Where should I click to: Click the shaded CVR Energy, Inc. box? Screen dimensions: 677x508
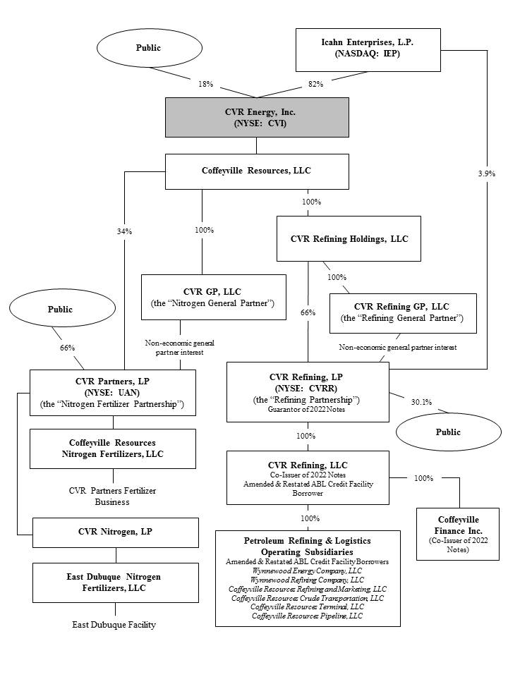click(257, 118)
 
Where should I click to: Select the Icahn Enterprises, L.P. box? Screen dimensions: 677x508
click(368, 49)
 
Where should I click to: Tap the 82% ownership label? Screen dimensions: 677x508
click(315, 84)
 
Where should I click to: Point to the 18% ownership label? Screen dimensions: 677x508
click(205, 84)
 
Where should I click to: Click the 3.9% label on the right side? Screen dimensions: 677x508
click(486, 173)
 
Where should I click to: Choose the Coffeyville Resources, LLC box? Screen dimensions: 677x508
click(257, 171)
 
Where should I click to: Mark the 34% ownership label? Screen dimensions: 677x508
click(125, 231)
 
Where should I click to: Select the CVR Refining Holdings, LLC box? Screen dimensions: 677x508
click(349, 239)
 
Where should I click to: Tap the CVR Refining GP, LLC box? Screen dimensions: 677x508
click(403, 312)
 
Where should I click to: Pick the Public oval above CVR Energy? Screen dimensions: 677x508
click(148, 48)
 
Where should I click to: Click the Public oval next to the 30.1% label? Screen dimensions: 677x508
click(448, 432)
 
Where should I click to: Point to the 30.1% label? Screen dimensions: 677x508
click(421, 402)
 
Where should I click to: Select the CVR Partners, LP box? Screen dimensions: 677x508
click(112, 392)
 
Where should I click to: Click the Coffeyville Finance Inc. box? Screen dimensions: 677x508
click(457, 534)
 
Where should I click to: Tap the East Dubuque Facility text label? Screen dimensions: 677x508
click(114, 624)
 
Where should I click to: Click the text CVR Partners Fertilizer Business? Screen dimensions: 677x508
click(113, 496)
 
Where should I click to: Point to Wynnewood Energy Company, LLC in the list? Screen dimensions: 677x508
click(307, 571)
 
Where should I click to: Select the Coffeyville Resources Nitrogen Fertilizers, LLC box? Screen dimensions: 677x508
click(113, 449)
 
